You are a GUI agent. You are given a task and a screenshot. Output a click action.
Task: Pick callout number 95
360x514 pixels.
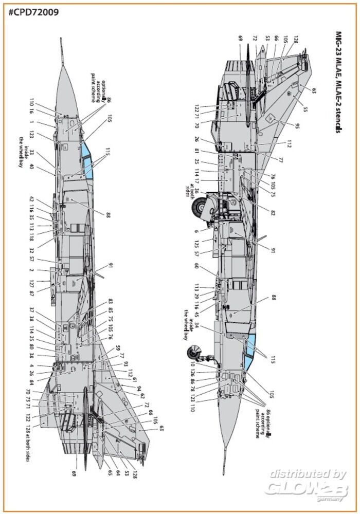[296, 125]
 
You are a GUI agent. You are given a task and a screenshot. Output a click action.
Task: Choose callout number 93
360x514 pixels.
[125, 364]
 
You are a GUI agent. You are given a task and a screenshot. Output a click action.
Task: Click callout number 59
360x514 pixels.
[118, 348]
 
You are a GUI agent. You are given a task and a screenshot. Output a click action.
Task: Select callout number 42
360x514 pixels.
[31, 199]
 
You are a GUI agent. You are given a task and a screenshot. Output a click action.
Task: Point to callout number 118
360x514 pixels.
[31, 237]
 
